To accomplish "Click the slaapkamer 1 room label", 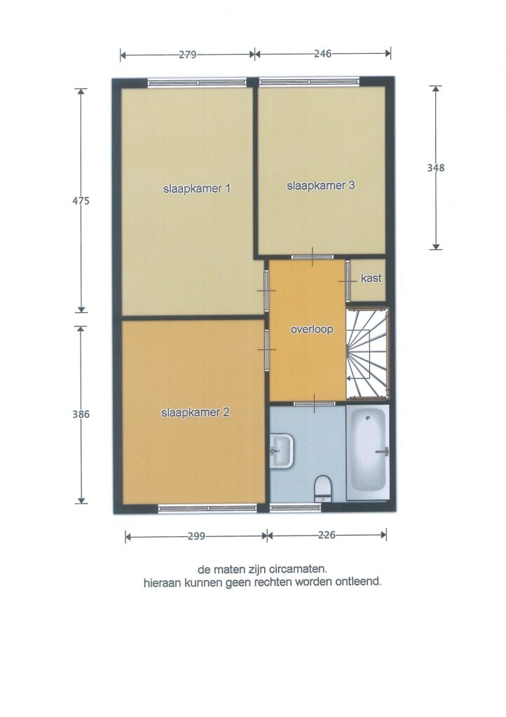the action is point(197,188).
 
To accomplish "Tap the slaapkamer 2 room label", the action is point(195,412).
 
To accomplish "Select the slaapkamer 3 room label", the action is point(321,186).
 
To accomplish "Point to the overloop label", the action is point(312,329).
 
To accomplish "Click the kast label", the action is point(371,278).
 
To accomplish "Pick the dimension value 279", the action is point(187,55).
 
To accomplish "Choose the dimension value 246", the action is point(322,53).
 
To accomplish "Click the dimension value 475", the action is point(81,201).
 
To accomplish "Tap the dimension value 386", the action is point(81,415).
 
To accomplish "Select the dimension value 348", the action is point(435,168).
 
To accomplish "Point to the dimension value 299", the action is point(196,536).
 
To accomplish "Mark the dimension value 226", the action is point(327,534).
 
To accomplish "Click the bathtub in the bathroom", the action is point(368,452).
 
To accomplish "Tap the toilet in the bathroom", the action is point(323,487).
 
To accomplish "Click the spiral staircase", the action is point(367,353).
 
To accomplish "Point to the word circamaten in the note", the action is point(301,570).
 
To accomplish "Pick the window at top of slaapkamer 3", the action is point(309,83).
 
